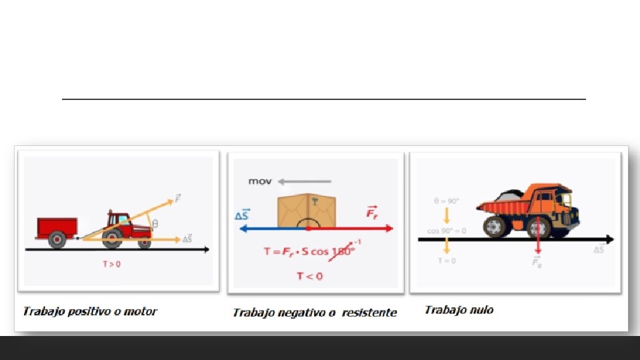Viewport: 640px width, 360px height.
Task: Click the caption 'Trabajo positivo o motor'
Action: (x=90, y=311)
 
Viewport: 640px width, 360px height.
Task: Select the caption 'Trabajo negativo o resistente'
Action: (x=314, y=313)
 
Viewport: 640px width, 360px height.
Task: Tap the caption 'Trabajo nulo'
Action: (x=459, y=310)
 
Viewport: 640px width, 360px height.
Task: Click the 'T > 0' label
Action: (x=111, y=264)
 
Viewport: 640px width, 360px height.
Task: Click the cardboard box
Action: (x=307, y=209)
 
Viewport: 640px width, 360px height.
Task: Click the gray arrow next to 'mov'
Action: (x=305, y=181)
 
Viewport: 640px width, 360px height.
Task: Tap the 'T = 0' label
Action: (x=446, y=261)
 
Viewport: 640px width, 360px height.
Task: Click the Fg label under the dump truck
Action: (x=537, y=262)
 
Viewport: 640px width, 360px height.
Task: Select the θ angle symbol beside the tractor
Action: (x=155, y=224)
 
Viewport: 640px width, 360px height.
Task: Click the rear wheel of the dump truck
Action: (x=495, y=227)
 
